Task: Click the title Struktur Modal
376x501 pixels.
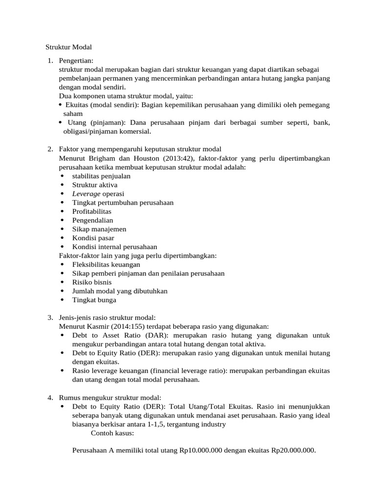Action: (x=69, y=47)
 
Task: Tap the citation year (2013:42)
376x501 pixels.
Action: (x=174, y=159)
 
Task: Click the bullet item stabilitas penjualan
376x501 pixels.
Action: (x=101, y=176)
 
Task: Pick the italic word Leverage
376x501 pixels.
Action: (x=87, y=194)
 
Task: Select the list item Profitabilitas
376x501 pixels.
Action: (x=92, y=211)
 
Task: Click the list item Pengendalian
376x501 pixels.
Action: (x=93, y=220)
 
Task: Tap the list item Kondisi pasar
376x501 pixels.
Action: (x=93, y=238)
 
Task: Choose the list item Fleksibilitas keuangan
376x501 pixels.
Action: (x=102, y=264)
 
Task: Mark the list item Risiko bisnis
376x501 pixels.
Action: (x=92, y=282)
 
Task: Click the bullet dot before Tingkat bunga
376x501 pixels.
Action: (x=62, y=300)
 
